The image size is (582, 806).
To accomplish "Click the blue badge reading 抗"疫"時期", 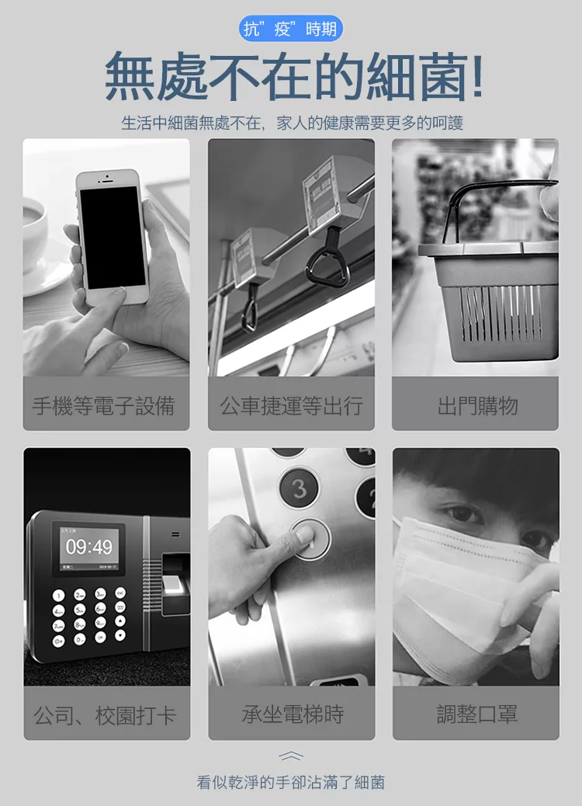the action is [x=291, y=29].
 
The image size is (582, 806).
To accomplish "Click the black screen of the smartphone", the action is [x=113, y=237].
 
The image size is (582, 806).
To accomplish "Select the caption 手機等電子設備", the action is [x=104, y=405].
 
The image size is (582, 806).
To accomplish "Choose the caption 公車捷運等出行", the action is [x=291, y=405].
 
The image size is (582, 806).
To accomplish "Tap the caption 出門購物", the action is [x=478, y=405].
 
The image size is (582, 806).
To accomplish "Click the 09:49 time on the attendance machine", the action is [x=88, y=547].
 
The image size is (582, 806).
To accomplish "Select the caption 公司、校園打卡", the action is [x=106, y=715].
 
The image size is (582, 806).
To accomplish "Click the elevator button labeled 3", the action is [x=299, y=488].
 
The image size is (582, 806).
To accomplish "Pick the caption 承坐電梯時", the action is [x=293, y=714].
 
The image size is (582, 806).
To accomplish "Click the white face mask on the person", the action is [x=462, y=591].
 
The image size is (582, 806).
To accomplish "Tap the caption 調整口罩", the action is [x=477, y=714].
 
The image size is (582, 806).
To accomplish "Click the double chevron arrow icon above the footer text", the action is [x=291, y=755].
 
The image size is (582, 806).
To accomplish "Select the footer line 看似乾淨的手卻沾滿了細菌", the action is [x=291, y=783].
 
